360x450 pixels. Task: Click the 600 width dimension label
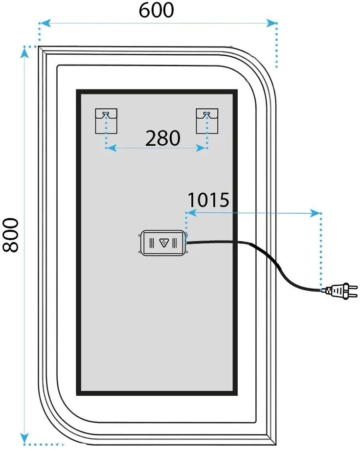(156, 10)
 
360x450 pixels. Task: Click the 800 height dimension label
(11, 235)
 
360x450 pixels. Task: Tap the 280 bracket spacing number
(163, 138)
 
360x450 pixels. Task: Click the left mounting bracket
(106, 121)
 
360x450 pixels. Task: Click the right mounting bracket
(207, 121)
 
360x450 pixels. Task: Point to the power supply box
(163, 243)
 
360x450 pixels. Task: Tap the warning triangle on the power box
(164, 243)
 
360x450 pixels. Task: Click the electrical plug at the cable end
(339, 291)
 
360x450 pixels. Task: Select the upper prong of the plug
(353, 287)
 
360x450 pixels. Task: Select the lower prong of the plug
(353, 295)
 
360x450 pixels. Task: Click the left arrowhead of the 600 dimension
(45, 23)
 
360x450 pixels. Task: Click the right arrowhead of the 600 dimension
(271, 23)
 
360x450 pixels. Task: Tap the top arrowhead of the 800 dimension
(24, 53)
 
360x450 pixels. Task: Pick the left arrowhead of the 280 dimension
(111, 148)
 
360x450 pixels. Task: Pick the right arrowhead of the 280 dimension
(201, 148)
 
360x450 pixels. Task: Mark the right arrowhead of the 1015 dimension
(315, 213)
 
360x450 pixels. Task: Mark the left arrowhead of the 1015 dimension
(191, 213)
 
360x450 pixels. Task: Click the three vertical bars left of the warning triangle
(152, 243)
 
